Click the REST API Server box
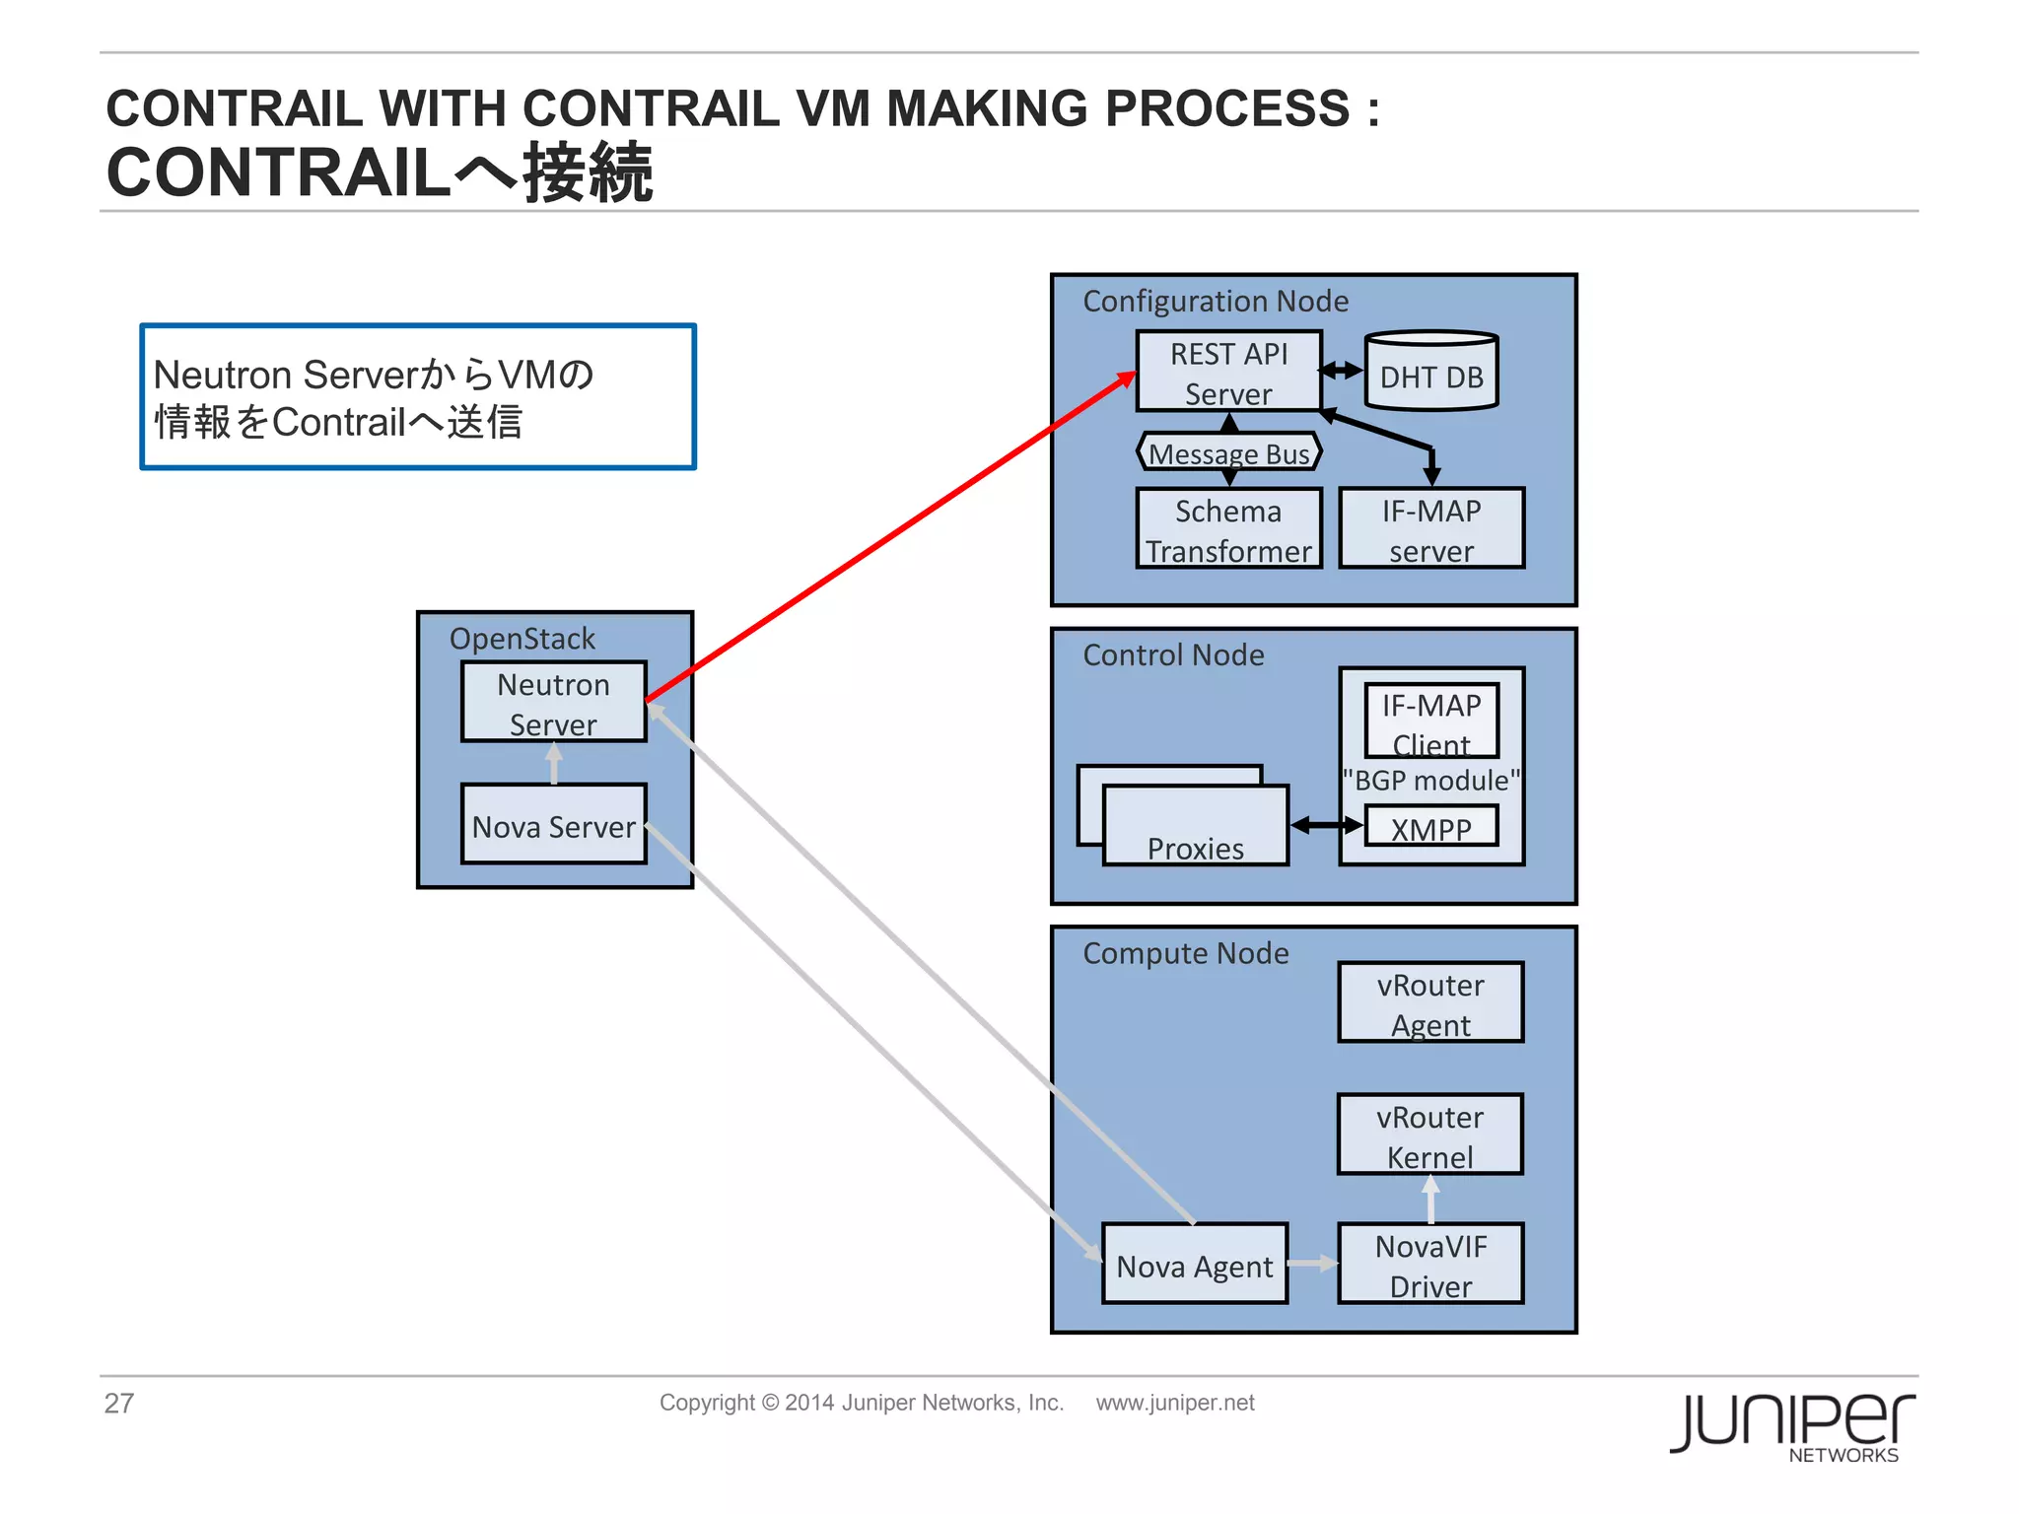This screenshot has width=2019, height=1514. pyautogui.click(x=1227, y=372)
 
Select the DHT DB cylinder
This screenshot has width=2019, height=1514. pyautogui.click(x=1430, y=374)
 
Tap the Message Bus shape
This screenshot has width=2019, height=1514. pyautogui.click(x=1228, y=452)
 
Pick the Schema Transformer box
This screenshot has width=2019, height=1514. pyautogui.click(x=1227, y=529)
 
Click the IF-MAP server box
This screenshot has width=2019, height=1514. pyautogui.click(x=1430, y=529)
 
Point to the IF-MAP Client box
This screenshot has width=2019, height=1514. pyautogui.click(x=1430, y=721)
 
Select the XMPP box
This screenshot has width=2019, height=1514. pyautogui.click(x=1430, y=827)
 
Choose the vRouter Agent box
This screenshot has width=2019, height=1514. pyautogui.click(x=1429, y=1002)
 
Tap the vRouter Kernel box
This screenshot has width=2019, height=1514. pyautogui.click(x=1429, y=1135)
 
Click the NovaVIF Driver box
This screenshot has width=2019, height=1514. pyautogui.click(x=1429, y=1265)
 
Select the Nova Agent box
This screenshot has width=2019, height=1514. pyautogui.click(x=1194, y=1265)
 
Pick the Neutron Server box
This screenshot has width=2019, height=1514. pyautogui.click(x=553, y=702)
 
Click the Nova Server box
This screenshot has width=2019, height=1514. pyautogui.click(x=553, y=825)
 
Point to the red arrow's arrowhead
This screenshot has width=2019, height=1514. pyautogui.click(x=1126, y=378)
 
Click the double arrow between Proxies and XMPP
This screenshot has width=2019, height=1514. pyautogui.click(x=1326, y=825)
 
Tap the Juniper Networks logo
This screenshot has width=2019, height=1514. pyautogui.click(x=1791, y=1425)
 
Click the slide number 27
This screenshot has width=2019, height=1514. pyautogui.click(x=119, y=1403)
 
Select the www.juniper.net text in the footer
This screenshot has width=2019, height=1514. pyautogui.click(x=1174, y=1403)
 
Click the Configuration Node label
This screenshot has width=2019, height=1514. pyautogui.click(x=1215, y=301)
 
